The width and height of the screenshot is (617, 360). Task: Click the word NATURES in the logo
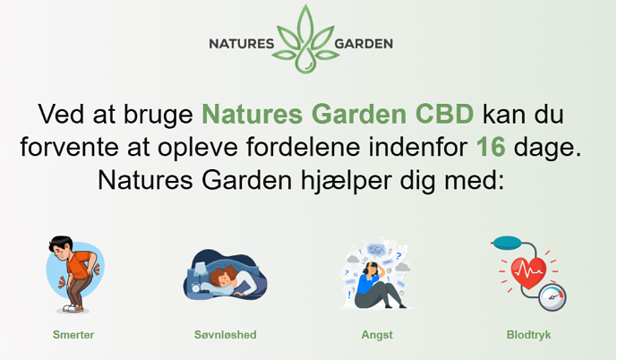click(242, 44)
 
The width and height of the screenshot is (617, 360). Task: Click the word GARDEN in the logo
click(364, 44)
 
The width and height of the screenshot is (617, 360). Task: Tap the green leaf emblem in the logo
click(305, 39)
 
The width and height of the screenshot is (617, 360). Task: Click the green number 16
click(491, 147)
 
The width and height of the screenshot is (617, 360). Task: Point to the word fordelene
click(303, 147)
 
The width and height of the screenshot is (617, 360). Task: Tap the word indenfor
click(418, 147)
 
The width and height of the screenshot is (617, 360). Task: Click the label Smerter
click(73, 335)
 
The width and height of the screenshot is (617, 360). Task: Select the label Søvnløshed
click(225, 335)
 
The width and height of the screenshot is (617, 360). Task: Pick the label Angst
click(377, 335)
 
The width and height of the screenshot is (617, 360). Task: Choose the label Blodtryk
click(528, 335)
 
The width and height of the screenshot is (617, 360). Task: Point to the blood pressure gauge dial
click(553, 298)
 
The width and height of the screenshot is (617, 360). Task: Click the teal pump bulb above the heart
click(508, 242)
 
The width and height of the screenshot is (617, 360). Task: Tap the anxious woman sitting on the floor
click(376, 285)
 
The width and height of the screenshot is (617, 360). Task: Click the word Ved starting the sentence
click(61, 114)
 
